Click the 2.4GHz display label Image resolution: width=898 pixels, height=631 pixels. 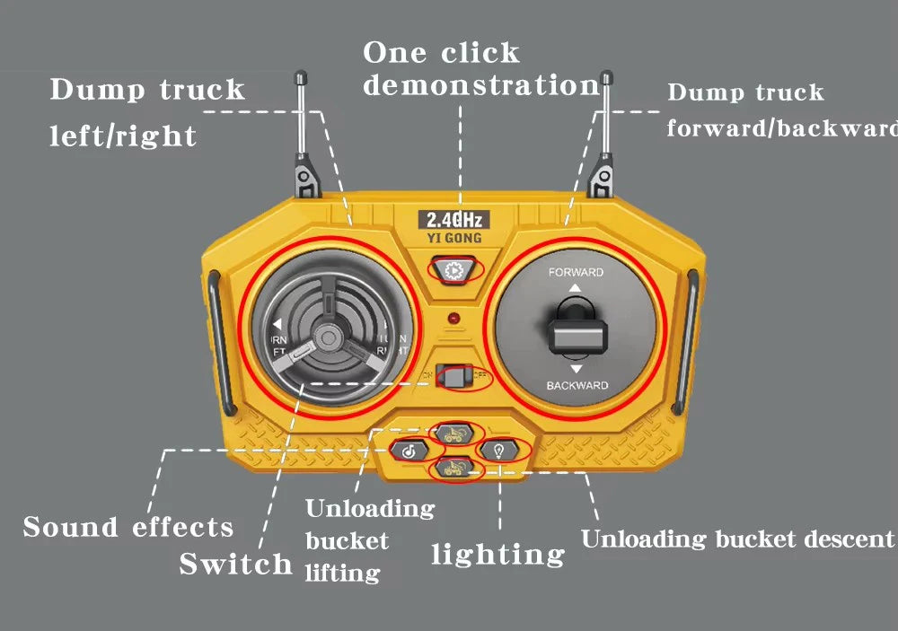point(454,220)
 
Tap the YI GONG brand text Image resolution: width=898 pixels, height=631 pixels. point(454,239)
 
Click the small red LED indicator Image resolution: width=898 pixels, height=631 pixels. point(456,318)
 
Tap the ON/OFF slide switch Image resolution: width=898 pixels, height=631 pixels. point(455,377)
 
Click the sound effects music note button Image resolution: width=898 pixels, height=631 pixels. point(409,451)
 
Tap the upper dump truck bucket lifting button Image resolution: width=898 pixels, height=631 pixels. point(455,433)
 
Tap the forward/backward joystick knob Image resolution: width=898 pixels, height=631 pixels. point(576,332)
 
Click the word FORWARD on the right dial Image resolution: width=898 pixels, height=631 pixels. point(576,272)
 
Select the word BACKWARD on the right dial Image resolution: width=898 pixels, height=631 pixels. point(577,386)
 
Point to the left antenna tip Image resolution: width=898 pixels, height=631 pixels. point(299,79)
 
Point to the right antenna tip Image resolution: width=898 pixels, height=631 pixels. point(606,79)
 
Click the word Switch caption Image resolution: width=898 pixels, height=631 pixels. point(235,565)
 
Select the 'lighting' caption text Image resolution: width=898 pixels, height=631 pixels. point(498,555)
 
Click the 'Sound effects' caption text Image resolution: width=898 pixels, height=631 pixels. point(128,528)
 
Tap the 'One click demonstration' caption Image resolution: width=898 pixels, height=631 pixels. point(480,69)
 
